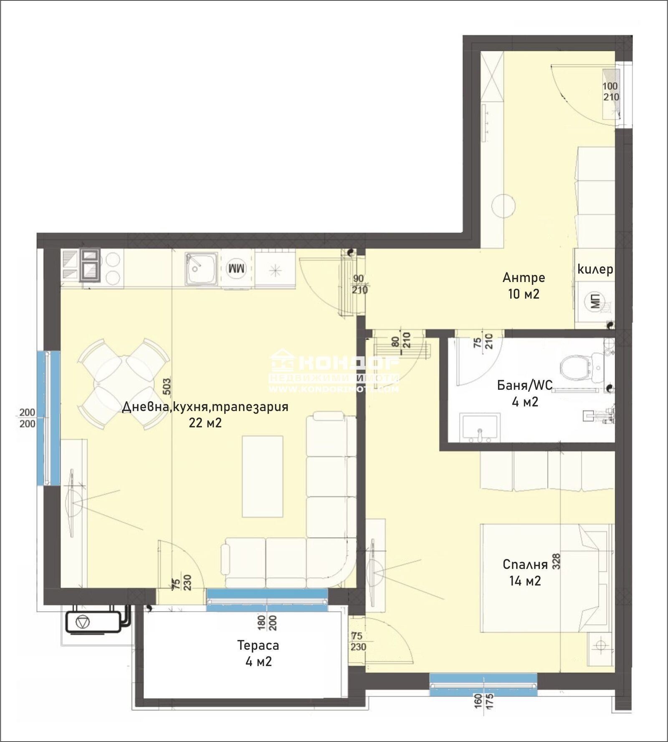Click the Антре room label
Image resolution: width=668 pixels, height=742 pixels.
click(x=524, y=277)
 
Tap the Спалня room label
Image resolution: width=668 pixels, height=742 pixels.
click(x=525, y=564)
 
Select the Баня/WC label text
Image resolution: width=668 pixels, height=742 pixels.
click(x=524, y=385)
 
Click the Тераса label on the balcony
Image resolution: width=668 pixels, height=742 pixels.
click(x=258, y=645)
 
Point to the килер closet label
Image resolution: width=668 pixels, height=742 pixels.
click(x=595, y=269)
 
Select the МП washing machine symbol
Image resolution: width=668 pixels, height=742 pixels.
click(x=595, y=301)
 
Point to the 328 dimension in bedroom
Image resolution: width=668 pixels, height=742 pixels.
click(x=557, y=562)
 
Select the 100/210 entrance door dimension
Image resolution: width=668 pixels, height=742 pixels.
click(x=610, y=91)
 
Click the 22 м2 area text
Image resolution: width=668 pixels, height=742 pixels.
click(x=205, y=423)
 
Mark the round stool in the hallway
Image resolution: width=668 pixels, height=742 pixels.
click(x=504, y=206)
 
